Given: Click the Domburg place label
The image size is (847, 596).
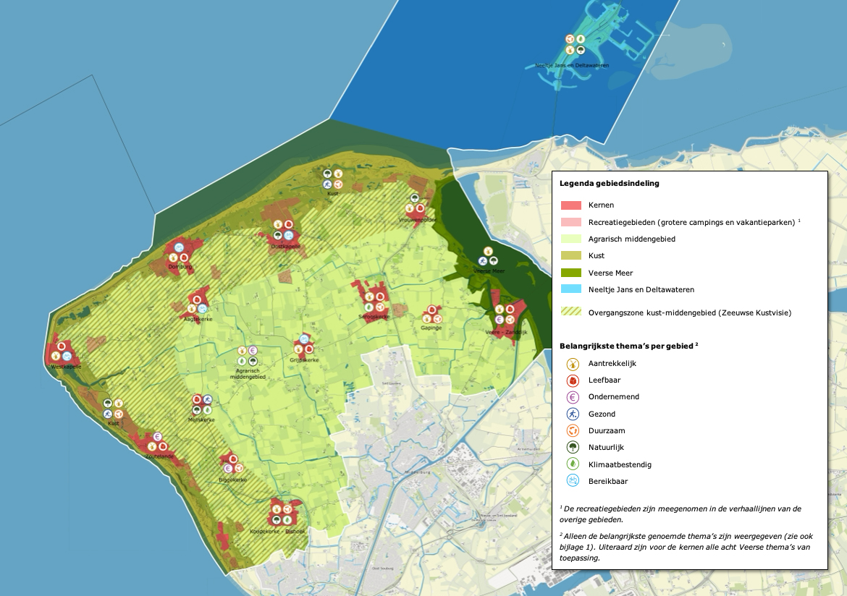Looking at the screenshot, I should (x=178, y=267).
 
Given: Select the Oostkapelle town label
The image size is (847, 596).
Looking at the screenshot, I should (x=285, y=246).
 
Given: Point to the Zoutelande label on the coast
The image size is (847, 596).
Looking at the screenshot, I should (x=159, y=457).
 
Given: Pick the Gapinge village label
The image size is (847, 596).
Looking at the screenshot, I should (x=431, y=328).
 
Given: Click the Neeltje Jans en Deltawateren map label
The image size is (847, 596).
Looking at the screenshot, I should (x=572, y=65).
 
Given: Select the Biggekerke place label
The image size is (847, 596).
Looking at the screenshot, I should (x=233, y=480).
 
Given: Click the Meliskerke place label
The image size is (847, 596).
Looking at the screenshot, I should (x=201, y=420).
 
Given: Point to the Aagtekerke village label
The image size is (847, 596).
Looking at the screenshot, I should (x=198, y=318).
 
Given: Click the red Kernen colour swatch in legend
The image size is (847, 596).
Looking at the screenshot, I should (x=571, y=206).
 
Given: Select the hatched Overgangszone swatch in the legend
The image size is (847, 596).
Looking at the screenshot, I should (x=571, y=312).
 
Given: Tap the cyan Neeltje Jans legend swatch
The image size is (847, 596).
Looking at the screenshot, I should (x=571, y=289).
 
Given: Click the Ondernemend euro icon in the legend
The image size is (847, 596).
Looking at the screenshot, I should (x=572, y=397).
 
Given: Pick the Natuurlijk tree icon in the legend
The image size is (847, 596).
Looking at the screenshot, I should (x=572, y=447).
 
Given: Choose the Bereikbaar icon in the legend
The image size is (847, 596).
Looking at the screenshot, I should (x=572, y=480).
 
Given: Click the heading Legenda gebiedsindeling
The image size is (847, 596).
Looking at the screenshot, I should (x=610, y=183).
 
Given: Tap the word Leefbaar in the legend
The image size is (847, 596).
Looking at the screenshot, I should (x=604, y=380).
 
